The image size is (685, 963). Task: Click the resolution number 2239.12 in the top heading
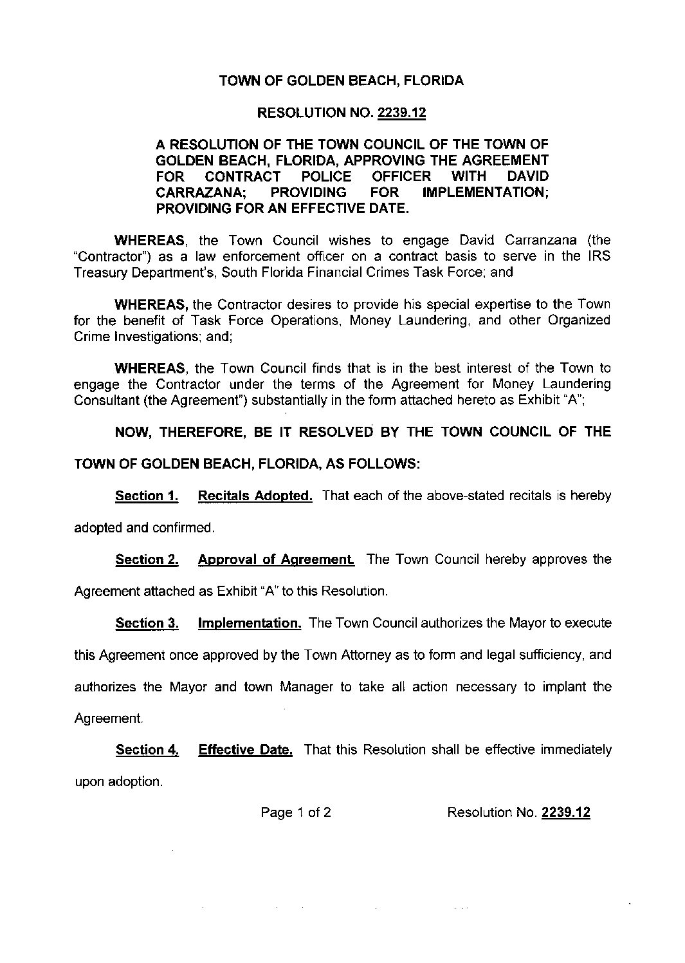(x=402, y=113)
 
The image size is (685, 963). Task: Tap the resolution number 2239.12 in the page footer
(x=566, y=812)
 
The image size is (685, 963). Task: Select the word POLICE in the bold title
(x=327, y=176)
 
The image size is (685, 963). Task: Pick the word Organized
(x=579, y=320)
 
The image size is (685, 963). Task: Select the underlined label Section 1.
(x=147, y=496)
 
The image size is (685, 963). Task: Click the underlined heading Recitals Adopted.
(x=255, y=496)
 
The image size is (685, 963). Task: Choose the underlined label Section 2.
(x=147, y=560)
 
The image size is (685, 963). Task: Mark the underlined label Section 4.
(x=147, y=750)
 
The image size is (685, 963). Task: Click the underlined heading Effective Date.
(x=246, y=750)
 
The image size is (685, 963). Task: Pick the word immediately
(x=576, y=750)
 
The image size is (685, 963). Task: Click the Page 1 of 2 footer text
(x=296, y=812)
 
